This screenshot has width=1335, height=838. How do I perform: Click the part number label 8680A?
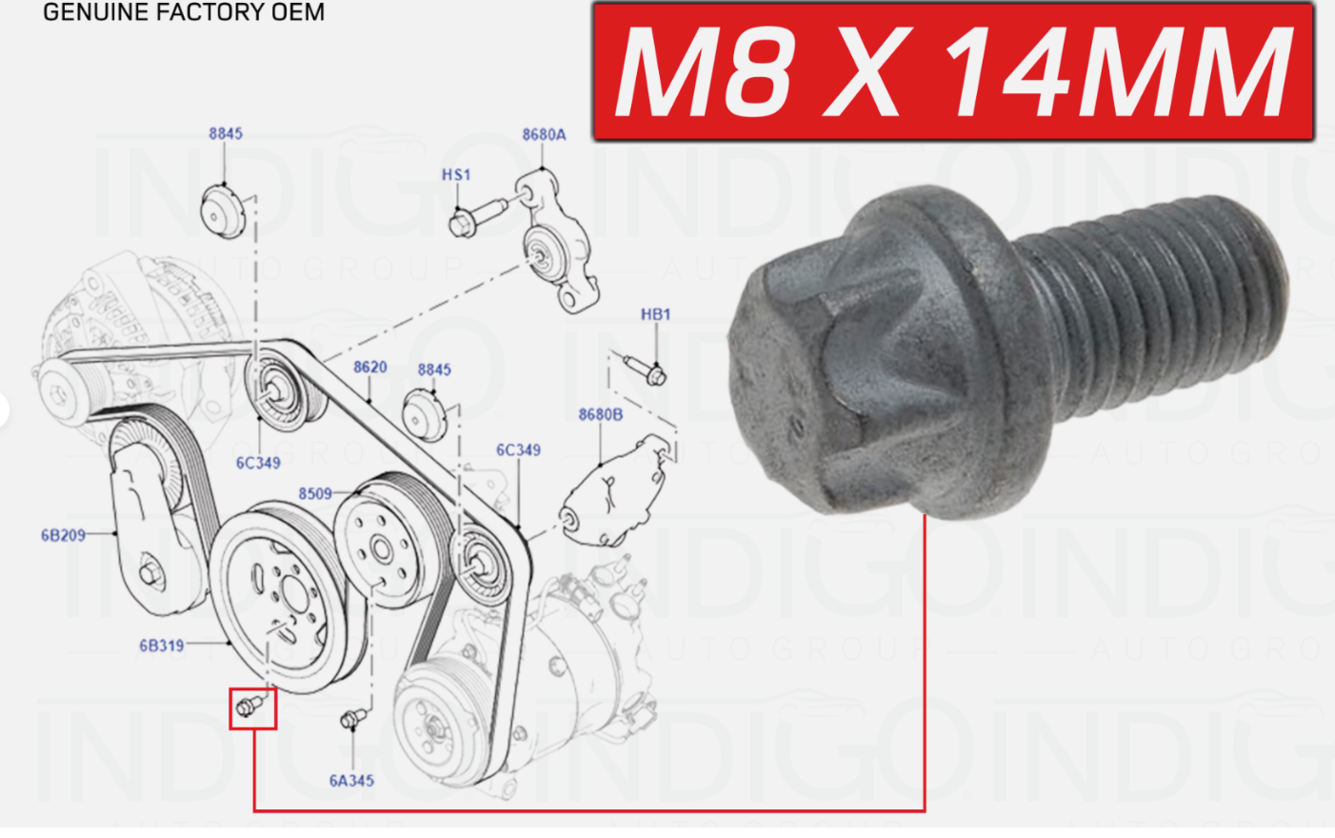click(544, 134)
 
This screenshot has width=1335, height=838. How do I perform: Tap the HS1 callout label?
click(456, 174)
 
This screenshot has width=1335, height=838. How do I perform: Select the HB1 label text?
click(655, 313)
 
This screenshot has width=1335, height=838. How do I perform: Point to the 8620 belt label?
click(369, 367)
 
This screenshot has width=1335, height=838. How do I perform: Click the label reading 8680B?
click(601, 414)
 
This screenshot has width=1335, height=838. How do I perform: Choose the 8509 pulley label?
click(315, 493)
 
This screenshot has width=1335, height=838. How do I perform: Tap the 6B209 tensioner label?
click(63, 535)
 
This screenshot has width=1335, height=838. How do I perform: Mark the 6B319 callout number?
click(162, 646)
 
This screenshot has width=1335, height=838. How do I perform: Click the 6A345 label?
click(351, 781)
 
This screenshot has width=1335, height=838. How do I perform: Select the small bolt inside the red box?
click(251, 707)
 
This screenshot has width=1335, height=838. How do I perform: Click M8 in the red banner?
click(705, 71)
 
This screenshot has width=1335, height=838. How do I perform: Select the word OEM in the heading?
click(298, 12)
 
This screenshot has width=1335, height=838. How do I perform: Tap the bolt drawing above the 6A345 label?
click(353, 719)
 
